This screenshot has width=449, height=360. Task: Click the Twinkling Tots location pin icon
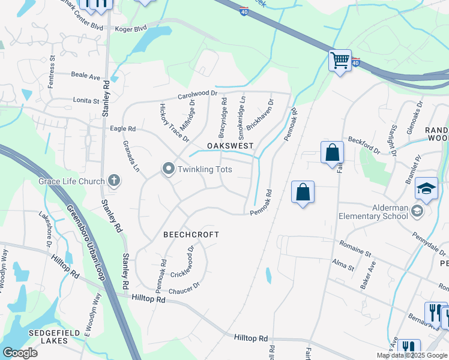coord(169,170)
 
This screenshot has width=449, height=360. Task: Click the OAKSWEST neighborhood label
coord(231,146)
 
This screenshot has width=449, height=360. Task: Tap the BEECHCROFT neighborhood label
coord(191,235)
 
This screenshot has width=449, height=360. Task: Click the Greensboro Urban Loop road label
coord(85,243)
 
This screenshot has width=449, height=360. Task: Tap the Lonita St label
coord(86,101)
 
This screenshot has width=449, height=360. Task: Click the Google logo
coord(20,353)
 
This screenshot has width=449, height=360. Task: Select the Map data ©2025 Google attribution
coord(412,355)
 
